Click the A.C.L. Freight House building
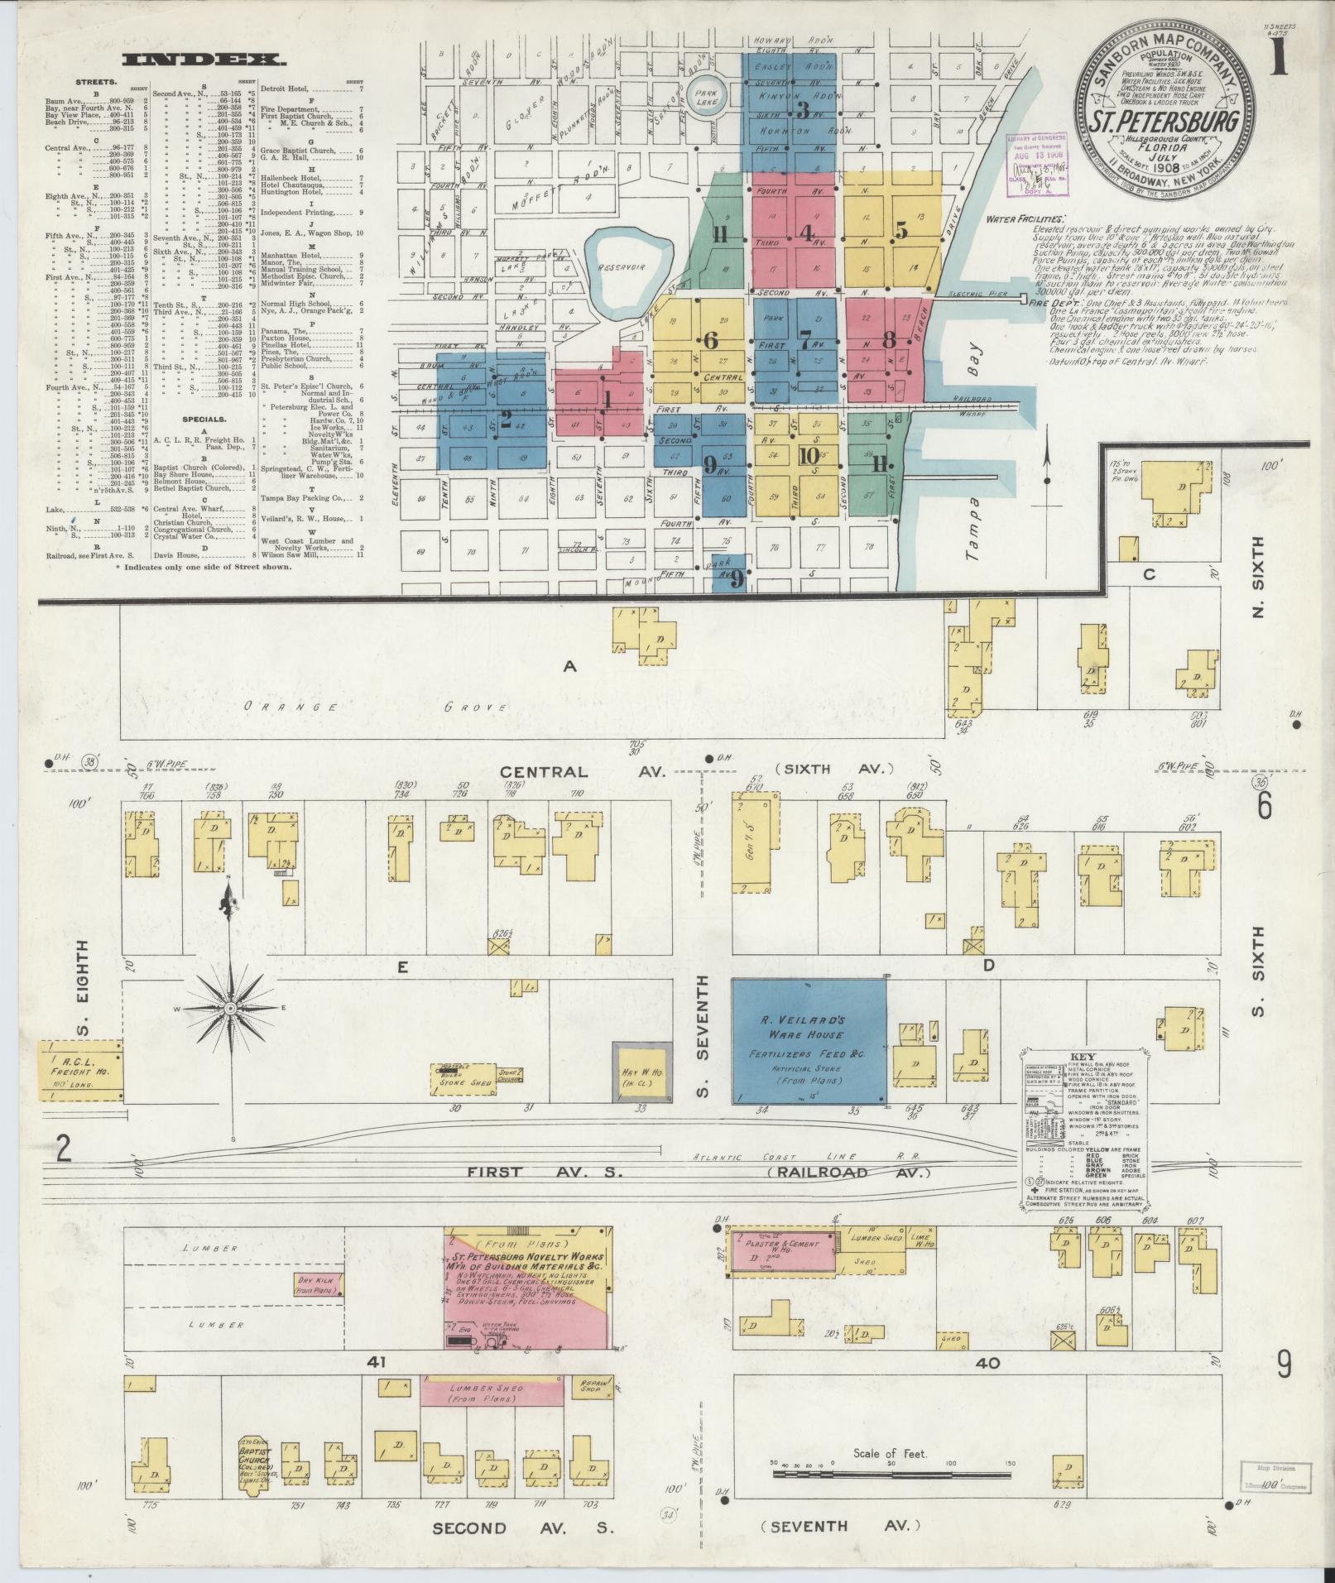(x=81, y=1069)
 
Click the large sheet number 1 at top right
(x=1279, y=60)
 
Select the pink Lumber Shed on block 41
(x=492, y=1391)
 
